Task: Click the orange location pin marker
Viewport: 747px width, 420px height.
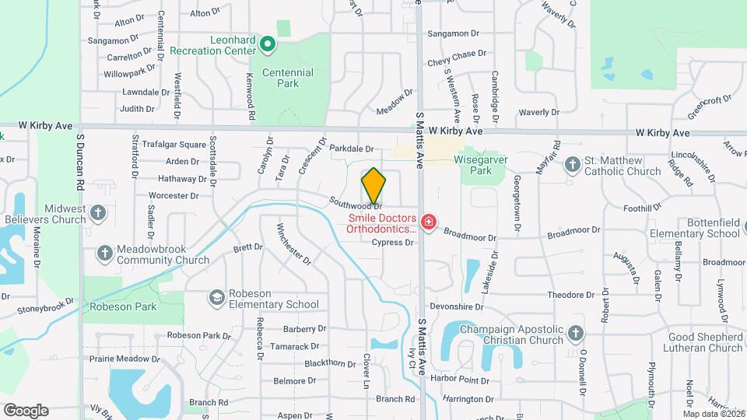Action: pyautogui.click(x=373, y=185)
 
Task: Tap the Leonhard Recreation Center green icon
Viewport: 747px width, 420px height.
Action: pyautogui.click(x=268, y=44)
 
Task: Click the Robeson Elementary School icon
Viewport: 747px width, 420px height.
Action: pyautogui.click(x=216, y=298)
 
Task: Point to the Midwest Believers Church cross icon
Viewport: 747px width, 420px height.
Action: pyautogui.click(x=98, y=213)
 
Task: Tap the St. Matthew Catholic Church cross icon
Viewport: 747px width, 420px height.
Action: pyautogui.click(x=573, y=165)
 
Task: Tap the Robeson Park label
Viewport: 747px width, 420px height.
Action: pyautogui.click(x=123, y=306)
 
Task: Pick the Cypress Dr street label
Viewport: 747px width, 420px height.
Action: pyautogui.click(x=392, y=243)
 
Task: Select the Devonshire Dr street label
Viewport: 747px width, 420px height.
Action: pyautogui.click(x=451, y=306)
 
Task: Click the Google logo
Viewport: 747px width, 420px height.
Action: pyautogui.click(x=26, y=410)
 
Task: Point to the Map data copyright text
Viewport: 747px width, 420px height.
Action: pyautogui.click(x=714, y=414)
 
